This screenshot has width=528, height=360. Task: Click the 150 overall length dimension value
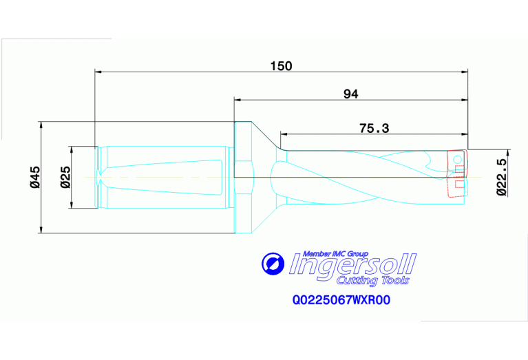(281, 66)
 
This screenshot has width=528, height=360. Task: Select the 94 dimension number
(351, 94)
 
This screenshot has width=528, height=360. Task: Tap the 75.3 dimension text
(374, 128)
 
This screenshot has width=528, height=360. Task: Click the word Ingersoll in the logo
(352, 264)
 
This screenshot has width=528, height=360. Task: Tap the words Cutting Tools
(372, 280)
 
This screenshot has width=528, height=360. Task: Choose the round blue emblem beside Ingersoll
(272, 264)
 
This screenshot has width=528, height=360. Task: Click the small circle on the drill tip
(457, 159)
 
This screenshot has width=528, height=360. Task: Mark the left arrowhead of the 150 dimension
(98, 71)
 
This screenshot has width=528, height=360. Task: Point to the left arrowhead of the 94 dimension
(237, 99)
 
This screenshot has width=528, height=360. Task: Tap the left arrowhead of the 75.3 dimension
(283, 134)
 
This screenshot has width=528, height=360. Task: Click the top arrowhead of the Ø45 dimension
(43, 125)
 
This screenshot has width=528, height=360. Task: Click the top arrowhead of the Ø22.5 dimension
(508, 152)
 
